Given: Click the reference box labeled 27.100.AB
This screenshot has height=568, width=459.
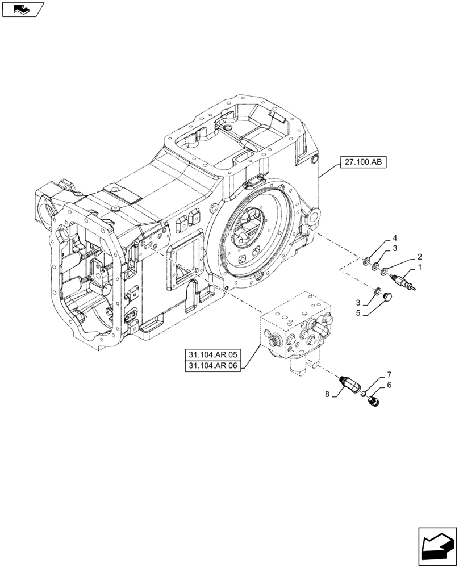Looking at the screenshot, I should pos(363,162).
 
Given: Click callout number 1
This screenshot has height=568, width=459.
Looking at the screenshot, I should pos(420,267).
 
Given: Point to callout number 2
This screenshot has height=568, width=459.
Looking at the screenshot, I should pos(420,256).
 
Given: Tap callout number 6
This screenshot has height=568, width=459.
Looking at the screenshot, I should pos(389,385).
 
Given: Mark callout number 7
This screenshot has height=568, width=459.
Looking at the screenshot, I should pos(389,375).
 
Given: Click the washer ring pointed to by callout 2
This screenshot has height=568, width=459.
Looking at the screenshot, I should pos(386,270).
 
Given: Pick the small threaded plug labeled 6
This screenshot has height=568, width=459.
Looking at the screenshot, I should pos(373,401).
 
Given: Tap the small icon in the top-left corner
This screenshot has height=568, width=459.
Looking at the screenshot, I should pos(22,9).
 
